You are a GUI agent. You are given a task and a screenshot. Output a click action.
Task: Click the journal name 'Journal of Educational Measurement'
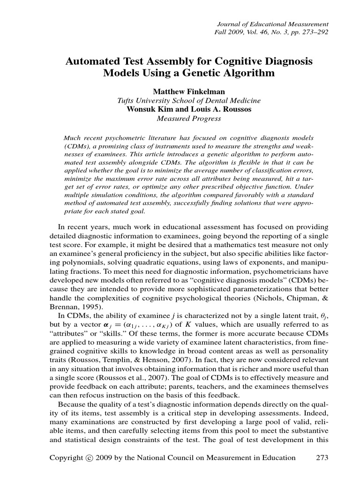click(x=273, y=24)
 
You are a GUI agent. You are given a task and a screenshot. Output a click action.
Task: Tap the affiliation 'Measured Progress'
click(x=188, y=119)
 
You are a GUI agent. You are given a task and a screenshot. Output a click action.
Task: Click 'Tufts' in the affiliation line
click(x=126, y=101)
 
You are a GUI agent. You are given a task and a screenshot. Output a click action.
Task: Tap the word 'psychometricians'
click(x=270, y=281)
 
